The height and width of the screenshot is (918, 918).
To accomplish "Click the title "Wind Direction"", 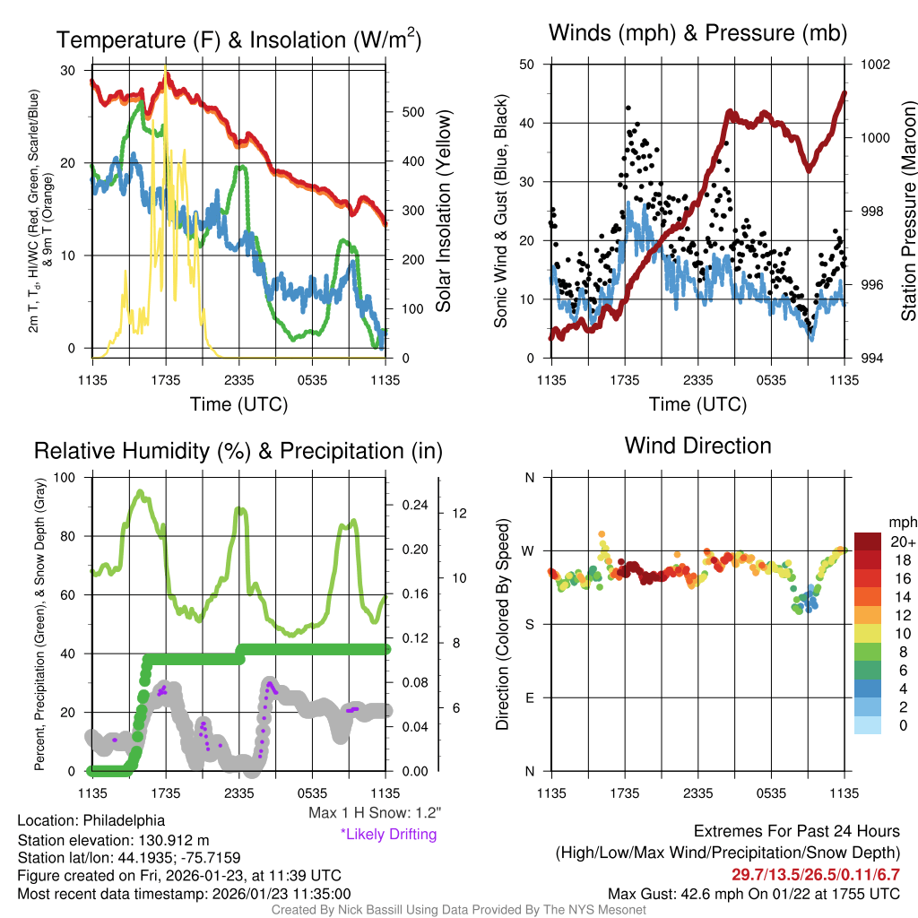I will pyautogui.click(x=697, y=446).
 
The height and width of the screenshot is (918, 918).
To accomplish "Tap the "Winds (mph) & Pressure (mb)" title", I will pyautogui.click(x=697, y=33).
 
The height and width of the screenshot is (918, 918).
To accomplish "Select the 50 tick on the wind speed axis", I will pyautogui.click(x=527, y=65).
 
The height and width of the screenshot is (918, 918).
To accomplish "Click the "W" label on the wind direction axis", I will pyautogui.click(x=528, y=550).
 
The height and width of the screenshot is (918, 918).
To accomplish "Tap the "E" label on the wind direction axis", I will pyautogui.click(x=529, y=697).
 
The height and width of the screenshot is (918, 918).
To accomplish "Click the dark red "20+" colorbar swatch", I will pyautogui.click(x=870, y=541).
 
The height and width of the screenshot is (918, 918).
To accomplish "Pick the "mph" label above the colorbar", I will pyautogui.click(x=899, y=522).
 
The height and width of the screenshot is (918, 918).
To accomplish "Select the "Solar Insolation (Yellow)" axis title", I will pyautogui.click(x=443, y=212).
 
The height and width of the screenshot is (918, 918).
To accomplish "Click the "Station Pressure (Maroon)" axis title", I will pyautogui.click(x=907, y=212).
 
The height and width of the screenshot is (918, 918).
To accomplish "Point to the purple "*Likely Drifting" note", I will pyautogui.click(x=388, y=835).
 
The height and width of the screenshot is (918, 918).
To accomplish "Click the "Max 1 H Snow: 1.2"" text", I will pyautogui.click(x=375, y=813).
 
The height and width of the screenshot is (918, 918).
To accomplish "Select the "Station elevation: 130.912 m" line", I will pyautogui.click(x=113, y=840).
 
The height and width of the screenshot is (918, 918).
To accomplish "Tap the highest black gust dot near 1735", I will pyautogui.click(x=628, y=108).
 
